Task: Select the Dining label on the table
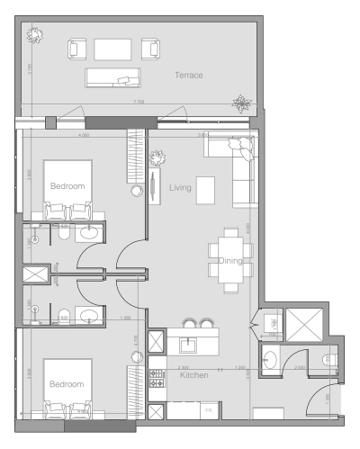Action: point(232,261)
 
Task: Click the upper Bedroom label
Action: point(67,186)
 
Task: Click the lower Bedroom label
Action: point(67,383)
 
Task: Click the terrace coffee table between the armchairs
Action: point(112,48)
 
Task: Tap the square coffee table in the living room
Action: point(206,189)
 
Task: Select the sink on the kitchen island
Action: point(190,344)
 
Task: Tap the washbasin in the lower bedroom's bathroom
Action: point(90,314)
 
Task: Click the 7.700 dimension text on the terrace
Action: point(139,103)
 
